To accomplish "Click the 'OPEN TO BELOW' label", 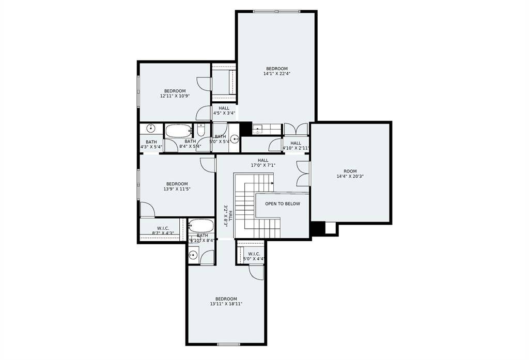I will (x=282, y=204).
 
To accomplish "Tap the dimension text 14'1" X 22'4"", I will (x=276, y=74).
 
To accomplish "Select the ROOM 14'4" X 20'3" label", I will (x=350, y=174).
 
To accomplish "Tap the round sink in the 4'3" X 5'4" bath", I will (x=150, y=128).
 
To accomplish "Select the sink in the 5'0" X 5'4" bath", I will (x=235, y=138).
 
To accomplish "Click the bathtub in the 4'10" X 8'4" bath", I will (x=201, y=226).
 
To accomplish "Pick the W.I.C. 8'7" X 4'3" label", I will (x=162, y=230).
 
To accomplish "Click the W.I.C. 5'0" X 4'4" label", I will (x=254, y=256).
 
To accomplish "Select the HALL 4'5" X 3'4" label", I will (x=224, y=111).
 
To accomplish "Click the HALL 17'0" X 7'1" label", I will (x=263, y=163).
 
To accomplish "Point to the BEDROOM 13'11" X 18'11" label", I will (x=226, y=301).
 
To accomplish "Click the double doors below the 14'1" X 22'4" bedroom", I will (x=295, y=129).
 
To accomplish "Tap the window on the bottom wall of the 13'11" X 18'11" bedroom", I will (x=228, y=344).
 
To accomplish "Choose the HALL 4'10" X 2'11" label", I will (x=295, y=146).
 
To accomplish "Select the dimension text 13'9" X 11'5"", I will (x=177, y=189).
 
